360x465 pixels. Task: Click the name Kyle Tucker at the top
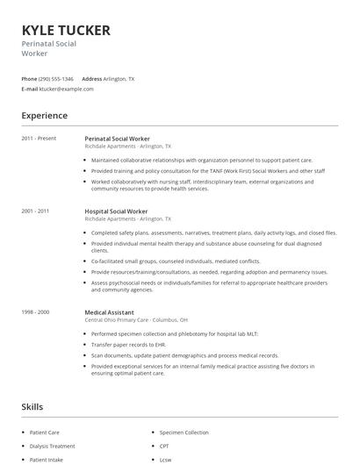point(66,30)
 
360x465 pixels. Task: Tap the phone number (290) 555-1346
point(57,78)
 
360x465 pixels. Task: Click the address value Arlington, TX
point(119,78)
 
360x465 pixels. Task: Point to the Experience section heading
point(44,115)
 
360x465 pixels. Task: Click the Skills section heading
point(32,406)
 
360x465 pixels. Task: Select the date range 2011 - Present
point(39,139)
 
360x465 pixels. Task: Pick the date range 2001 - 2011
point(36,211)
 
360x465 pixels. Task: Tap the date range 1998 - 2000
point(36,311)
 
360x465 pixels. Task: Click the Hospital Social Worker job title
point(116,211)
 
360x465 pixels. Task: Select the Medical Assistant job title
point(110,311)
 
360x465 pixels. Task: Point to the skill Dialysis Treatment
point(52,446)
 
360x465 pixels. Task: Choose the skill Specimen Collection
point(184,433)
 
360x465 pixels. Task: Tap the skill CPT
point(164,446)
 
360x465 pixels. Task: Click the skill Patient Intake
point(47,459)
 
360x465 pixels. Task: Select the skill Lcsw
point(165,459)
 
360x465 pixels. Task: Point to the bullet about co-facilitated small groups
point(176,261)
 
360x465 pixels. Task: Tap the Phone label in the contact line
point(29,78)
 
